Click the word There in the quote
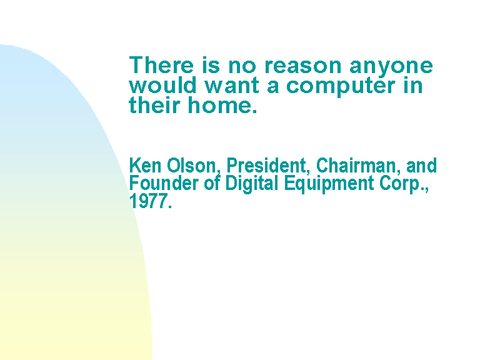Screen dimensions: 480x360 click(161, 64)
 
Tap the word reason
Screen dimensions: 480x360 click(302, 66)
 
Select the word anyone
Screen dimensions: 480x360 click(391, 67)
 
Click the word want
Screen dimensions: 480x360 click(232, 86)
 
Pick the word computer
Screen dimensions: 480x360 click(341, 86)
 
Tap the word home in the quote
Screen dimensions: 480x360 click(222, 105)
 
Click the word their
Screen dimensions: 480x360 click(154, 105)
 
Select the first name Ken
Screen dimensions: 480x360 click(145, 165)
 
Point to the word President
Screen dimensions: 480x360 click(266, 166)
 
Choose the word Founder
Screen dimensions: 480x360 click(164, 183)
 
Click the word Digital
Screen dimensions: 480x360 click(252, 184)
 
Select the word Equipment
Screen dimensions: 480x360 click(329, 184)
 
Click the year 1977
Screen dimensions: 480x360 click(150, 201)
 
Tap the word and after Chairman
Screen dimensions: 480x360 click(421, 165)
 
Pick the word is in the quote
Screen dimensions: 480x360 click(211, 64)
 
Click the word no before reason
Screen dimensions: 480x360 click(242, 66)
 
